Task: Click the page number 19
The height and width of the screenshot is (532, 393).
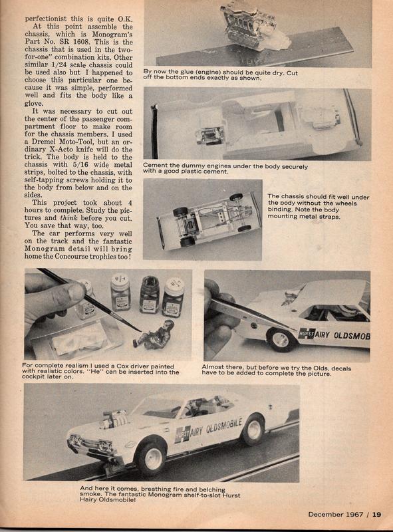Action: click(x=376, y=513)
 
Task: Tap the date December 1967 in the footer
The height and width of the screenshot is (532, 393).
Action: click(x=336, y=513)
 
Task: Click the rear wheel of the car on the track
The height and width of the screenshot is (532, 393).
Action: click(x=252, y=430)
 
